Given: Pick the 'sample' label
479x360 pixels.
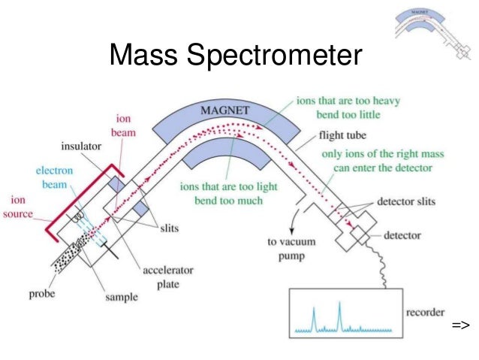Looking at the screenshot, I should click(x=122, y=297).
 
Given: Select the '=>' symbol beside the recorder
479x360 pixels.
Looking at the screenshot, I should click(x=460, y=325).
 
